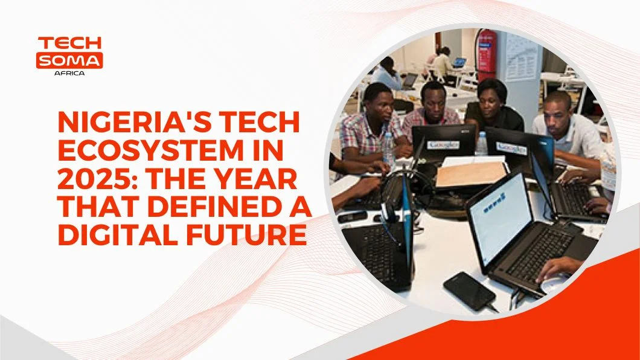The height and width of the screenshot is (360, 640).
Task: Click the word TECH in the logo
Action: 69,43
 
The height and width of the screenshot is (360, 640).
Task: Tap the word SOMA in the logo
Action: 69,61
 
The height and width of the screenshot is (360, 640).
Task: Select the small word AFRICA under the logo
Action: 69,74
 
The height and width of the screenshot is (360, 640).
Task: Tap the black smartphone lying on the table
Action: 470,291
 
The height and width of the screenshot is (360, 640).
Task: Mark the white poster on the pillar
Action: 522,57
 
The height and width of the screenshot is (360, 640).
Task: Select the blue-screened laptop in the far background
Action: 459,63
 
